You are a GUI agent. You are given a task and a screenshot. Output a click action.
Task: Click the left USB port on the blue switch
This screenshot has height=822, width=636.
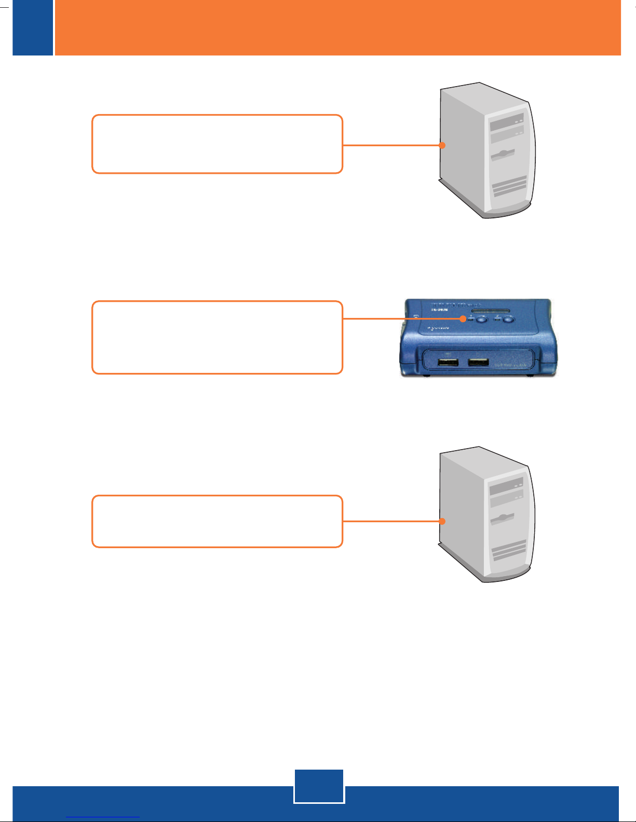click(x=448, y=363)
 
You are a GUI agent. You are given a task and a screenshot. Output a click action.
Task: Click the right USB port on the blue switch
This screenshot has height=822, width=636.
click(x=478, y=361)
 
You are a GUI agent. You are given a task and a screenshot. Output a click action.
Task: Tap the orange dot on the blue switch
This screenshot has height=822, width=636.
click(x=463, y=318)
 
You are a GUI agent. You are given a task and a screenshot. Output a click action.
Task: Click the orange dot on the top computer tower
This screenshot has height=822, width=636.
click(x=442, y=145)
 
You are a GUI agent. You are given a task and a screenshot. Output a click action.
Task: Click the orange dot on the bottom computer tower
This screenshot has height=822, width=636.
click(x=442, y=521)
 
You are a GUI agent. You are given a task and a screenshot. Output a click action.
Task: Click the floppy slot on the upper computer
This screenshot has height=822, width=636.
click(x=504, y=154)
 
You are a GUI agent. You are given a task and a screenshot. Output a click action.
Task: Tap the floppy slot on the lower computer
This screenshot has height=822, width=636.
click(x=504, y=518)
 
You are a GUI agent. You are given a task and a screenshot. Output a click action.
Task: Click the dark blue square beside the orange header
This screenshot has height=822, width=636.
click(x=33, y=27)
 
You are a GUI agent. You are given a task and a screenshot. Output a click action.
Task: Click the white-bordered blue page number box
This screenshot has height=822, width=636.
click(x=319, y=786)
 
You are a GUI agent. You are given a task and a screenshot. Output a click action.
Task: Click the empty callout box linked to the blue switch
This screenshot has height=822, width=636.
click(x=217, y=337)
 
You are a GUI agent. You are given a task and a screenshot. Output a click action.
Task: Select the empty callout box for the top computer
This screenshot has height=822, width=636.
click(x=217, y=144)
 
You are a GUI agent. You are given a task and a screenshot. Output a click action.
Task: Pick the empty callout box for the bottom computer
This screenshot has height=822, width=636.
click(x=217, y=521)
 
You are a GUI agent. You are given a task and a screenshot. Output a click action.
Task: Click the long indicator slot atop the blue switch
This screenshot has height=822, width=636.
click(x=491, y=312)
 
